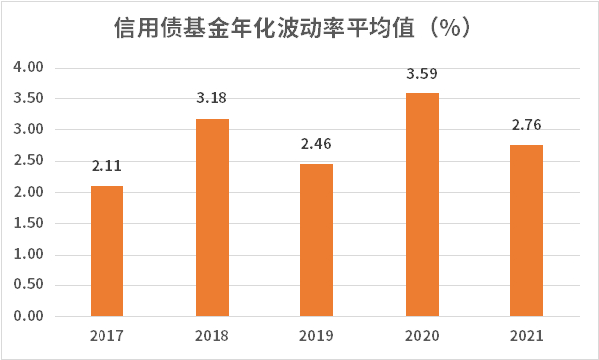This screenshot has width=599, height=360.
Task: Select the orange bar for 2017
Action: pyautogui.click(x=106, y=251)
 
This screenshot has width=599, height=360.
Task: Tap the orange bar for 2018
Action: pyautogui.click(x=212, y=218)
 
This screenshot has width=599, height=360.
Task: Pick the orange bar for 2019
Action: pyautogui.click(x=316, y=240)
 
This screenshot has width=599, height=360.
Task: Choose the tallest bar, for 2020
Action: pyautogui.click(x=422, y=205)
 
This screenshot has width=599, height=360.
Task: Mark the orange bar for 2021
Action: pyautogui.click(x=526, y=231)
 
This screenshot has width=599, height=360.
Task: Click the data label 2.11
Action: pyautogui.click(x=106, y=166)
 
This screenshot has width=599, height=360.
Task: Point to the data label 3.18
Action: pyautogui.click(x=212, y=99)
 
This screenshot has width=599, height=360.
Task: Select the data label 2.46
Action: pyautogui.click(x=316, y=144)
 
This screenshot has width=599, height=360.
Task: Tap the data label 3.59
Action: pyautogui.click(x=422, y=74)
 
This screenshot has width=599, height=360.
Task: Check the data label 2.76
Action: pyautogui.click(x=526, y=125)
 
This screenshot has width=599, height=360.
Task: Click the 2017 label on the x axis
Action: pyautogui.click(x=106, y=336)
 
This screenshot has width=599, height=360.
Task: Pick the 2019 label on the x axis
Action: pyautogui.click(x=316, y=336)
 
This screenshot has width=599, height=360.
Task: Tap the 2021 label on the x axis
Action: pyautogui.click(x=526, y=336)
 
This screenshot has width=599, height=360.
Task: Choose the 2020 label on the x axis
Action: pyautogui.click(x=422, y=336)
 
